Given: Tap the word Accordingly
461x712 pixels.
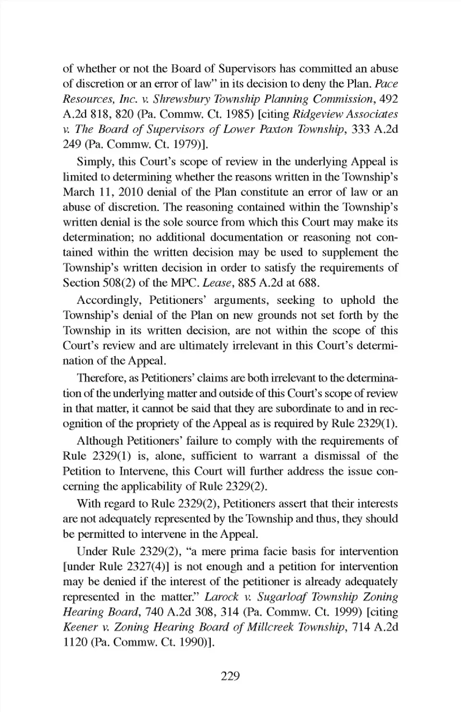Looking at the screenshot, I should (x=109, y=301).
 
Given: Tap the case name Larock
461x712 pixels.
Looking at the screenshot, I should (x=221, y=597).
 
